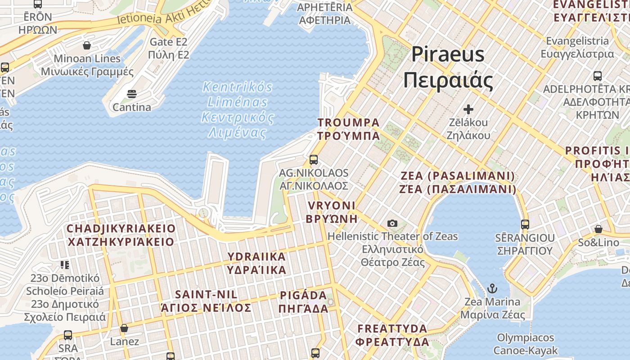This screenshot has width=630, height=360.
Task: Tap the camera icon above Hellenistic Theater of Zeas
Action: [392, 223]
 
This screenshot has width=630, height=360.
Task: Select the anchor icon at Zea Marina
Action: [493, 288]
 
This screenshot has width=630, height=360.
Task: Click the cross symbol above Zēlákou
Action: [468, 109]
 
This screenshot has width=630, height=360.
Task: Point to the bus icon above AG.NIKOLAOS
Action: [314, 160]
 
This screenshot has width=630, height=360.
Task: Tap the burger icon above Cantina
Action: [132, 94]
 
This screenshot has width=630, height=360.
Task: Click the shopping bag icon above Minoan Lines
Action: [87, 45]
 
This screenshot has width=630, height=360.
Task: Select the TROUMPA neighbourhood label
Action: [349, 129]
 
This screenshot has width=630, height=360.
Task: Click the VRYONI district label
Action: [332, 212]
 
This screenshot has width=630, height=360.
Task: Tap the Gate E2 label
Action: [168, 49]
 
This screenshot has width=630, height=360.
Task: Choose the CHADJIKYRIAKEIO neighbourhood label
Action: [121, 235]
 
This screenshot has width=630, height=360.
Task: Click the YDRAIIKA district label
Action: [256, 263]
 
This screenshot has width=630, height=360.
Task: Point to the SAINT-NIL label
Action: [206, 301]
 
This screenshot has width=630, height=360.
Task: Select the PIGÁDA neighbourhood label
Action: [304, 302]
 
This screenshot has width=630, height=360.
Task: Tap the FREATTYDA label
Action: [392, 335]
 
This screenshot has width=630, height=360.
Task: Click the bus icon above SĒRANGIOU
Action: [525, 224]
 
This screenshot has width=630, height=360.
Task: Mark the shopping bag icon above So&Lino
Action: [598, 229]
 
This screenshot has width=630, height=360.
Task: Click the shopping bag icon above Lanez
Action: [124, 328]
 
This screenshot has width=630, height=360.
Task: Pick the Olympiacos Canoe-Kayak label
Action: [526, 344]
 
